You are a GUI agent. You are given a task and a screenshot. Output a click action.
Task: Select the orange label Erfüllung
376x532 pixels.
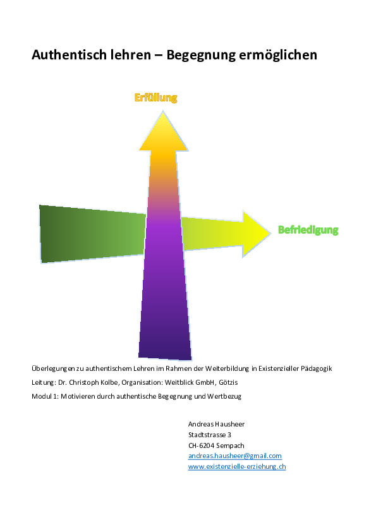point(155,98)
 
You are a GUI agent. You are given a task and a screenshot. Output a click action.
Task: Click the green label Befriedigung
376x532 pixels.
point(308,230)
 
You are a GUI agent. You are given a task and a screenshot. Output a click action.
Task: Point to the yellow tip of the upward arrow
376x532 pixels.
point(163,111)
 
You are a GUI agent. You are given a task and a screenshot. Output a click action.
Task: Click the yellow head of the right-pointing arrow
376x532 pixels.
point(256,234)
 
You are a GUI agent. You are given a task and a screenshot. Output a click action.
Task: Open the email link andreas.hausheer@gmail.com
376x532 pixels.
point(235,456)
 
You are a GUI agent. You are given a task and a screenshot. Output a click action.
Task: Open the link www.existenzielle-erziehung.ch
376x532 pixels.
point(237,466)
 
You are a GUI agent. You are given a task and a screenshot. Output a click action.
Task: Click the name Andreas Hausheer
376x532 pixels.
point(216,424)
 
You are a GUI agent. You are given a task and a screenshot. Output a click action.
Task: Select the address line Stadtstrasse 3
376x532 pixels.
point(210,435)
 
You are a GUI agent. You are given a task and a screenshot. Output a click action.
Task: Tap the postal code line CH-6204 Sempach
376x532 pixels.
point(216,445)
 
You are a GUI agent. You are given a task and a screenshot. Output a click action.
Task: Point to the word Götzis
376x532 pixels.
point(228,382)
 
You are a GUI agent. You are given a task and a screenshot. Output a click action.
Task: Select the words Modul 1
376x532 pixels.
point(44,396)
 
